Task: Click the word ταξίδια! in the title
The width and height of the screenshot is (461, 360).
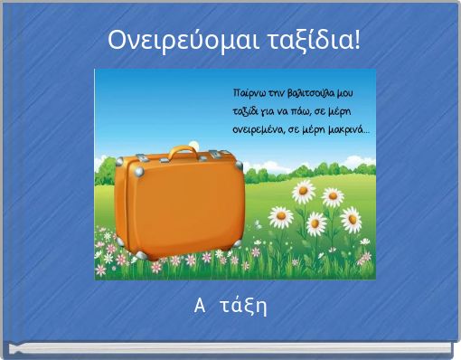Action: [312, 42]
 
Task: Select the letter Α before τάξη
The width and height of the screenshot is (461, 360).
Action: [200, 306]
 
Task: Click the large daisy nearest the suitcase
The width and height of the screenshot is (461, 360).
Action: [282, 217]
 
